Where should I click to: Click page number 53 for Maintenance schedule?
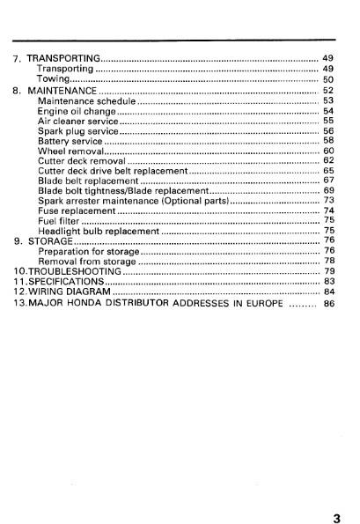coord(328,101)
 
